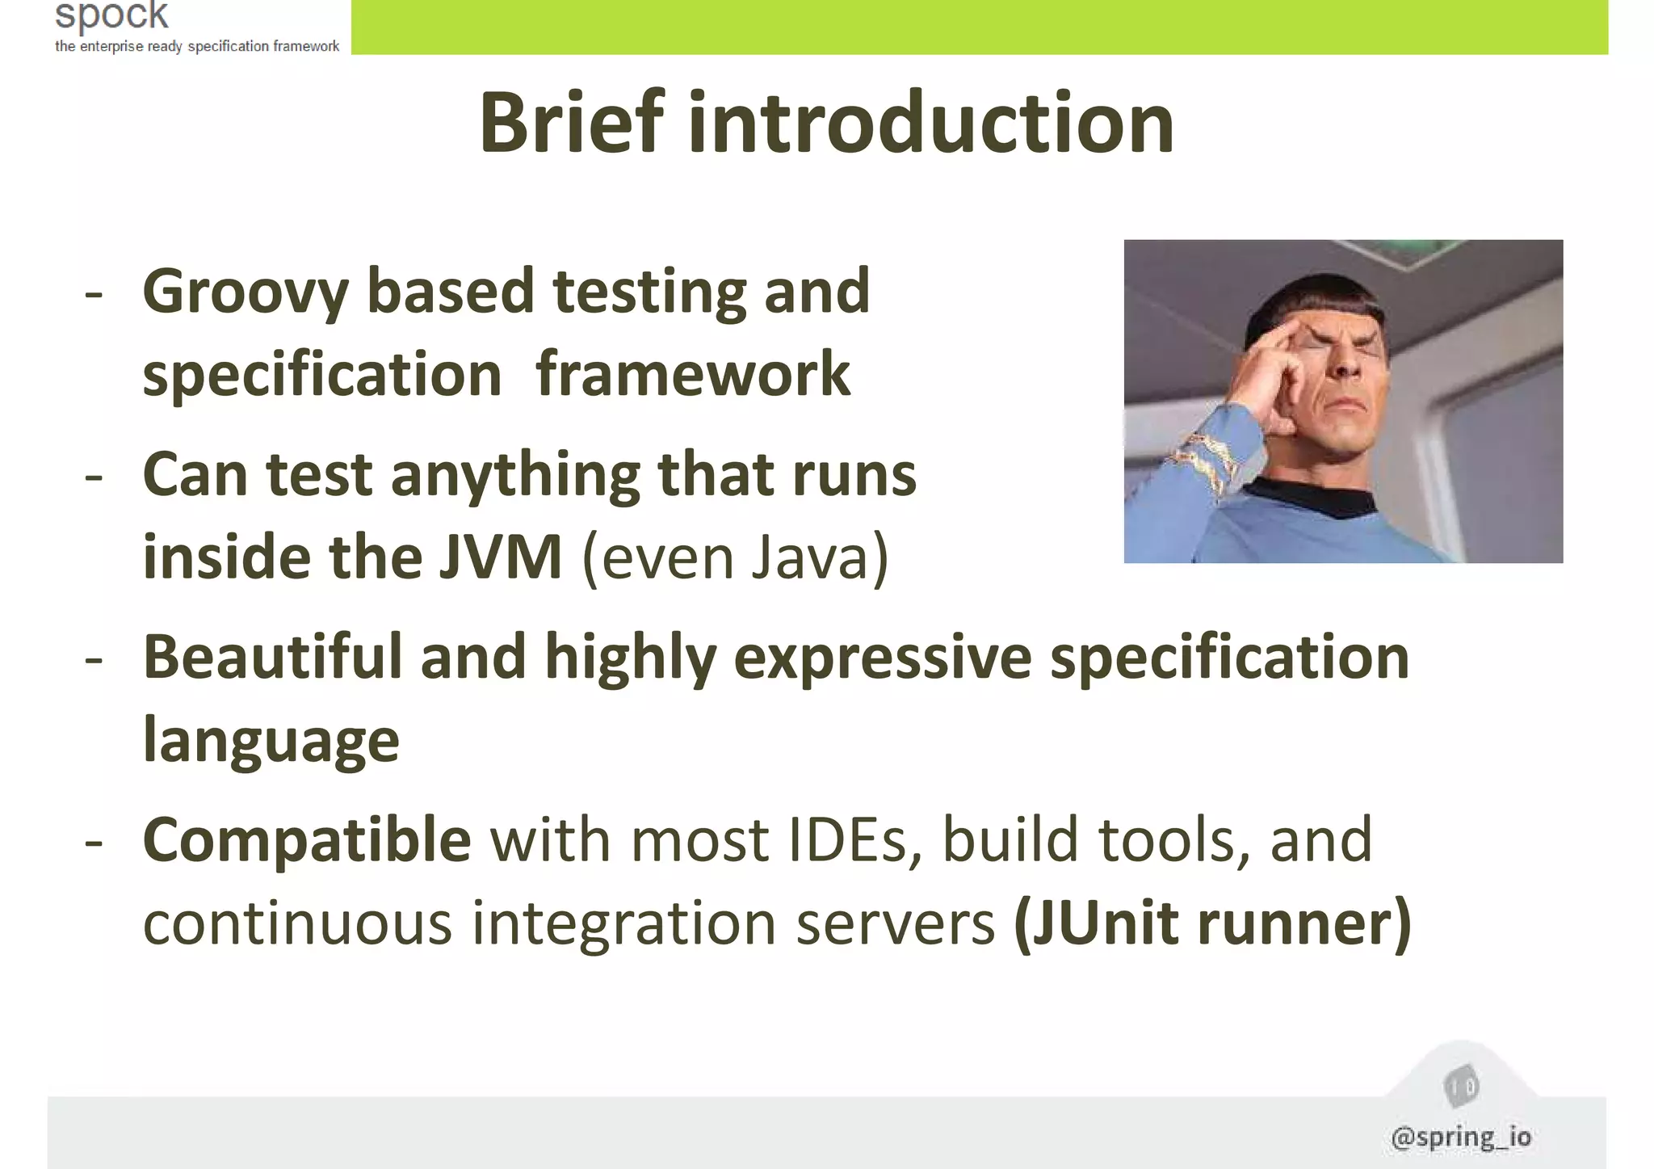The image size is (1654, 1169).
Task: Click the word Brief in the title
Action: tap(572, 123)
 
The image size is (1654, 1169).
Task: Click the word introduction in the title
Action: tap(930, 123)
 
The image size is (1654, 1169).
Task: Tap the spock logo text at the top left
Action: tap(111, 15)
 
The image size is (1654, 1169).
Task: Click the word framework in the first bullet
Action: tap(692, 375)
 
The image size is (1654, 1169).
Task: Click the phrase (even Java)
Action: tap(735, 557)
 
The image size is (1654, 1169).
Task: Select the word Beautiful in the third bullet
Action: tap(272, 657)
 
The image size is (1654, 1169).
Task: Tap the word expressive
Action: tap(882, 658)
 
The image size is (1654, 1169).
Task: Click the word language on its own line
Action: tap(271, 741)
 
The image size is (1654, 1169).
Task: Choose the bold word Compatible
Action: tap(307, 840)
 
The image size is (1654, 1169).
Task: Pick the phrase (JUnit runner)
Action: tap(1211, 923)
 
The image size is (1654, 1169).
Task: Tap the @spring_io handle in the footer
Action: tap(1461, 1137)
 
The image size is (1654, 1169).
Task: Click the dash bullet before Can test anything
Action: tap(94, 476)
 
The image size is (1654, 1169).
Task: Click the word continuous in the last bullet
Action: tap(297, 923)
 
